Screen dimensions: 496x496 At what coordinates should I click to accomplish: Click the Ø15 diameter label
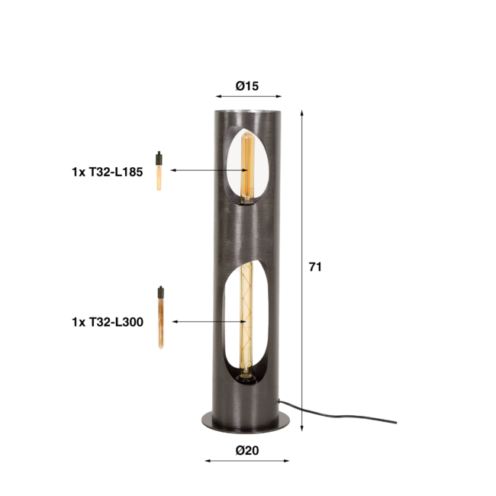(247, 86)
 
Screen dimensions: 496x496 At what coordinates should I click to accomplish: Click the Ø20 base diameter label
(247, 450)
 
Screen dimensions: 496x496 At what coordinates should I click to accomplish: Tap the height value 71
(315, 267)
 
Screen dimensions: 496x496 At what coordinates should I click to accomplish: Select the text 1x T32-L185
(107, 172)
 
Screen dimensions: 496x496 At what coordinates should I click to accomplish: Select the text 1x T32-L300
(107, 322)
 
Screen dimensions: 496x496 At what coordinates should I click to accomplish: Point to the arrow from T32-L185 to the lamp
(206, 170)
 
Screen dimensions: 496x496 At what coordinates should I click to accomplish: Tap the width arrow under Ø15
(248, 97)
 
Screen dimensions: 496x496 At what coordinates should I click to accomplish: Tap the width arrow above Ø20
(247, 460)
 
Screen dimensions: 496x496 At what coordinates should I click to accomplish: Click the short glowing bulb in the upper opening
(246, 164)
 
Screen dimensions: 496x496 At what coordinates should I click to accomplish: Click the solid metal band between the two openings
(248, 233)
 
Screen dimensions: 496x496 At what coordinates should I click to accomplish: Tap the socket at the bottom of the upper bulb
(247, 201)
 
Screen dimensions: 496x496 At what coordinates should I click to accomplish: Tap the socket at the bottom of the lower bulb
(245, 375)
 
